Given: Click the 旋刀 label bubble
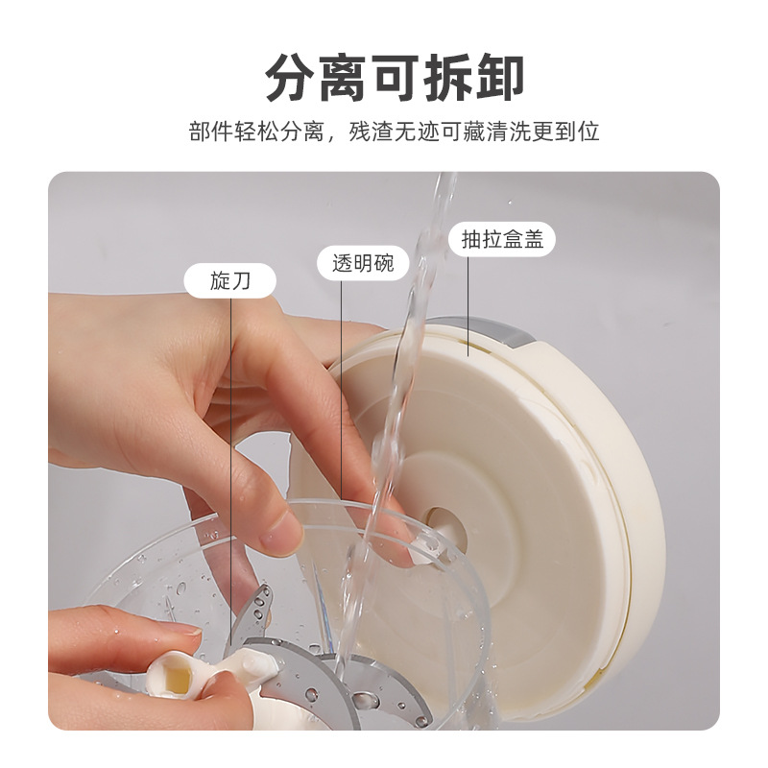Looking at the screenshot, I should pos(230,280).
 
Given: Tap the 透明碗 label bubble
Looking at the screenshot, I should pos(355,262).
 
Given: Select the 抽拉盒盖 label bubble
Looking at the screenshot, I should pos(502,239).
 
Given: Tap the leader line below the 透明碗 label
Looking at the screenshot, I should pos(342,384).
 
